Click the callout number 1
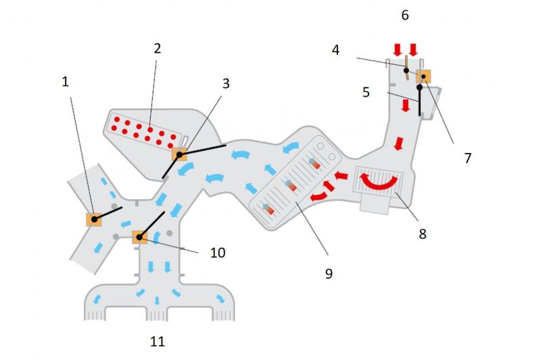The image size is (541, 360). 66,82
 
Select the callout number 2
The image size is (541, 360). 157,49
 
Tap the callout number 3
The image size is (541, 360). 226,83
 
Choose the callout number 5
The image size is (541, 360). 366,92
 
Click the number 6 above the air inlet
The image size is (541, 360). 405,15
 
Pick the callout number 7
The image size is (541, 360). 467,158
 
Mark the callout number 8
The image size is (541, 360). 423,234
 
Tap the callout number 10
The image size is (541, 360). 218,252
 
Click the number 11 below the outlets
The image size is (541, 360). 158,342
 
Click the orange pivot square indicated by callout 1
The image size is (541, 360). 93,219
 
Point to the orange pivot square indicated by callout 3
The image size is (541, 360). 179,154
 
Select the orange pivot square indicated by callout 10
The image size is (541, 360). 139,237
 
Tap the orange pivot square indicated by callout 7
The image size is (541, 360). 424,76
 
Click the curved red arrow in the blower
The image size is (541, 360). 377,182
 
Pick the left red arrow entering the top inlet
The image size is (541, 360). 397,49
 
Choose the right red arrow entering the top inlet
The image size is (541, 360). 413,49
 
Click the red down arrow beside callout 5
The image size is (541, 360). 405,107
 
